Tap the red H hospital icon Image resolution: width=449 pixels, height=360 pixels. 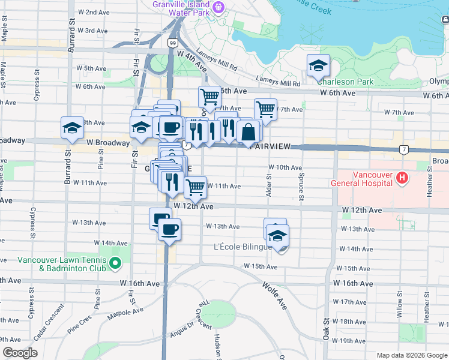(402, 178)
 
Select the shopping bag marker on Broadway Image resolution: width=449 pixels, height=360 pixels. (248, 132)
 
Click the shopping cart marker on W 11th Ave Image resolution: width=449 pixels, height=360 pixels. (195, 187)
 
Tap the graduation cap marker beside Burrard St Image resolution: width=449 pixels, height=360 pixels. (72, 128)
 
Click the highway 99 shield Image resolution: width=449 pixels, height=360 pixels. (173, 43)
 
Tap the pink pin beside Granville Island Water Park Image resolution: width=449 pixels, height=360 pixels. (218, 7)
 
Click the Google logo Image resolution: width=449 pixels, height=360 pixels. (19, 353)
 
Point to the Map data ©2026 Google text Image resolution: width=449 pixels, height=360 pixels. (411, 355)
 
